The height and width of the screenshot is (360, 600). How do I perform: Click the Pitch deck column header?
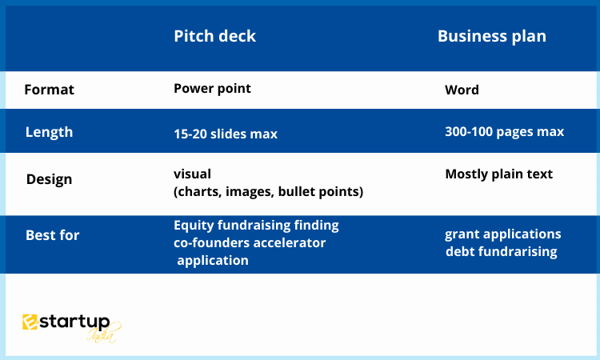214,36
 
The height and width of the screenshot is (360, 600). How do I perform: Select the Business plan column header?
492,36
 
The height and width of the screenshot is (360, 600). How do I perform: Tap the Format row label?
50,90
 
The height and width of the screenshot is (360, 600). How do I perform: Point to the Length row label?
49,132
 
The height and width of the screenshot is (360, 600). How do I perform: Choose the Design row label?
49,179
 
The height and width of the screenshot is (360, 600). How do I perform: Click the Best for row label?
53,235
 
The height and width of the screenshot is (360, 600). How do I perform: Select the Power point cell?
212,88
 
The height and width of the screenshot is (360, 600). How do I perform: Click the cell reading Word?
462,90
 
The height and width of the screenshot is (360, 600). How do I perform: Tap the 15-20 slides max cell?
226,134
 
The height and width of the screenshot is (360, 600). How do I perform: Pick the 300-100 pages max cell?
504,132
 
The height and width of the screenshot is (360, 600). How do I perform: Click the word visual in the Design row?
192,174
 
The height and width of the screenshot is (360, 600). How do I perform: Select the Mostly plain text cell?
499,174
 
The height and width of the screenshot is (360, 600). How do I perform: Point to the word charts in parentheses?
198,192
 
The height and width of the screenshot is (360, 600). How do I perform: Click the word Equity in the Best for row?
194,226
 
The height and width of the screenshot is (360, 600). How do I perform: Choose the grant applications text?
503,234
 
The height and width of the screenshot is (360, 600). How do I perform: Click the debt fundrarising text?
502,252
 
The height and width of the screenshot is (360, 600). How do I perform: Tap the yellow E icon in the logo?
30,322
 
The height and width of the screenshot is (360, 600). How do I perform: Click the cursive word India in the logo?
102,334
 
